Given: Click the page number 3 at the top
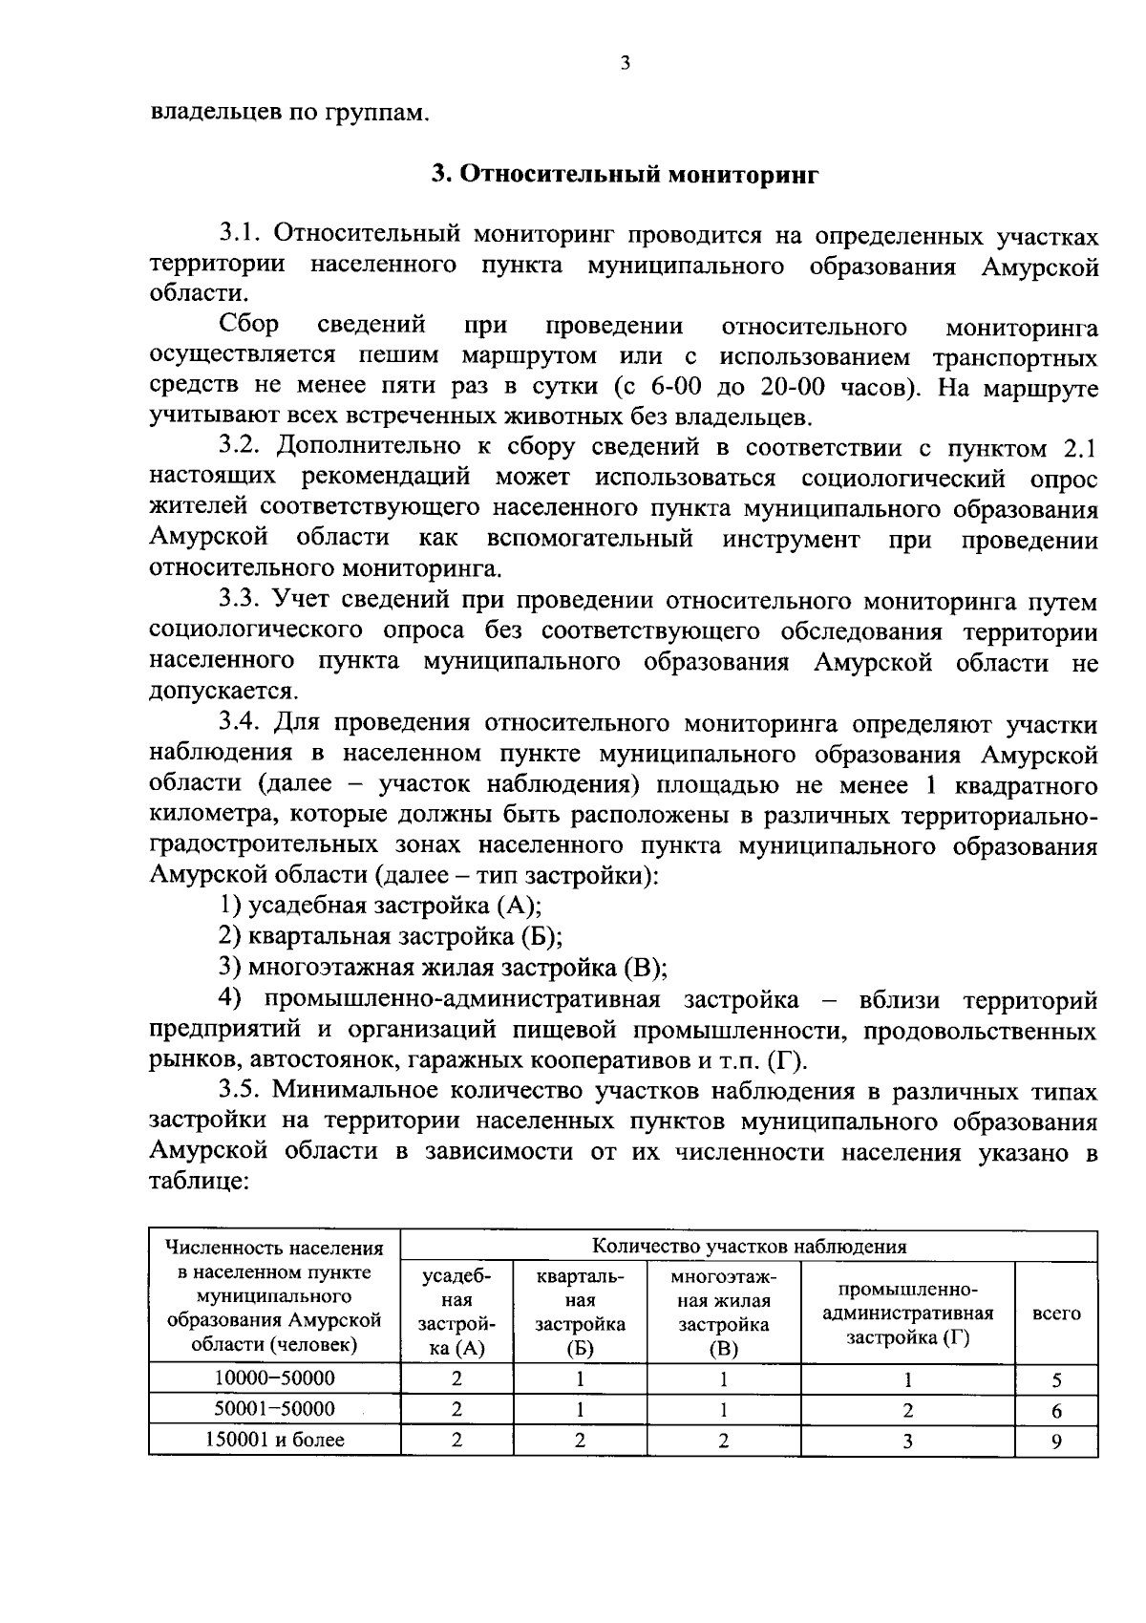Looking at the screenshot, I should tap(625, 64).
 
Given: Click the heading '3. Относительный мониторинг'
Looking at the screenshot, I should tap(624, 175).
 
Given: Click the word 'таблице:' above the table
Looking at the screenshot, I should tap(200, 1182).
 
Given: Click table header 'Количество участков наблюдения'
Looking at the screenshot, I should tap(749, 1246).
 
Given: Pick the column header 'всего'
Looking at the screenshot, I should tap(1057, 1313).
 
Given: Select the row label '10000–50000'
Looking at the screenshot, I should tap(274, 1377).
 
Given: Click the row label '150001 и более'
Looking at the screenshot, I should tap(274, 1440).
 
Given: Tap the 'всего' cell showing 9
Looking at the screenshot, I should tap(1056, 1441).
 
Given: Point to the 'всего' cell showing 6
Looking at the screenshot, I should tap(1056, 1410).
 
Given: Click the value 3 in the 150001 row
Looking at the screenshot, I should tap(907, 1441).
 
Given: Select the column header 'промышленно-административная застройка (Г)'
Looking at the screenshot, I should tap(907, 1313).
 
